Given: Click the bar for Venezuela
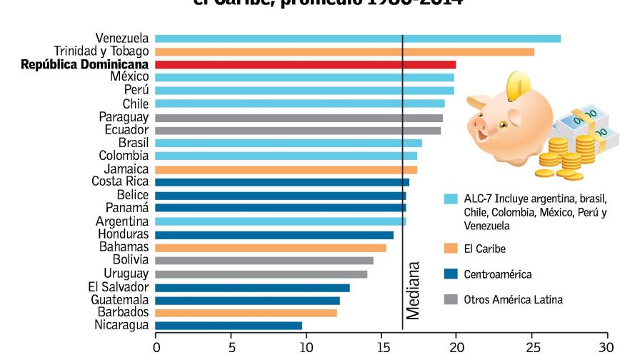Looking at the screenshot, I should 357,39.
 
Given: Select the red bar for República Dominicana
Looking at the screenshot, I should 305,64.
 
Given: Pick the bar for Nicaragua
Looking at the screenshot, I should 228,326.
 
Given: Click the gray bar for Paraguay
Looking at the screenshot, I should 298,117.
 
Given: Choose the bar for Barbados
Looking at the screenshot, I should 245,313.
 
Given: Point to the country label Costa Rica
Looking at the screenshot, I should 120,182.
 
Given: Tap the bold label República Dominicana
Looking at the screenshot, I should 84,64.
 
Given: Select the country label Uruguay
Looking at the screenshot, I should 126,274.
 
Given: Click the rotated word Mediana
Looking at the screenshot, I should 414,292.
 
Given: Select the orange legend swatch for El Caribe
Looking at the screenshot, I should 451,249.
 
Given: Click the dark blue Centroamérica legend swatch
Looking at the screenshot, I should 451,274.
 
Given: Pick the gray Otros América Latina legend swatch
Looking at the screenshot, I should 451,299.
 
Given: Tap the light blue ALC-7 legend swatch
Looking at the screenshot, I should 451,199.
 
